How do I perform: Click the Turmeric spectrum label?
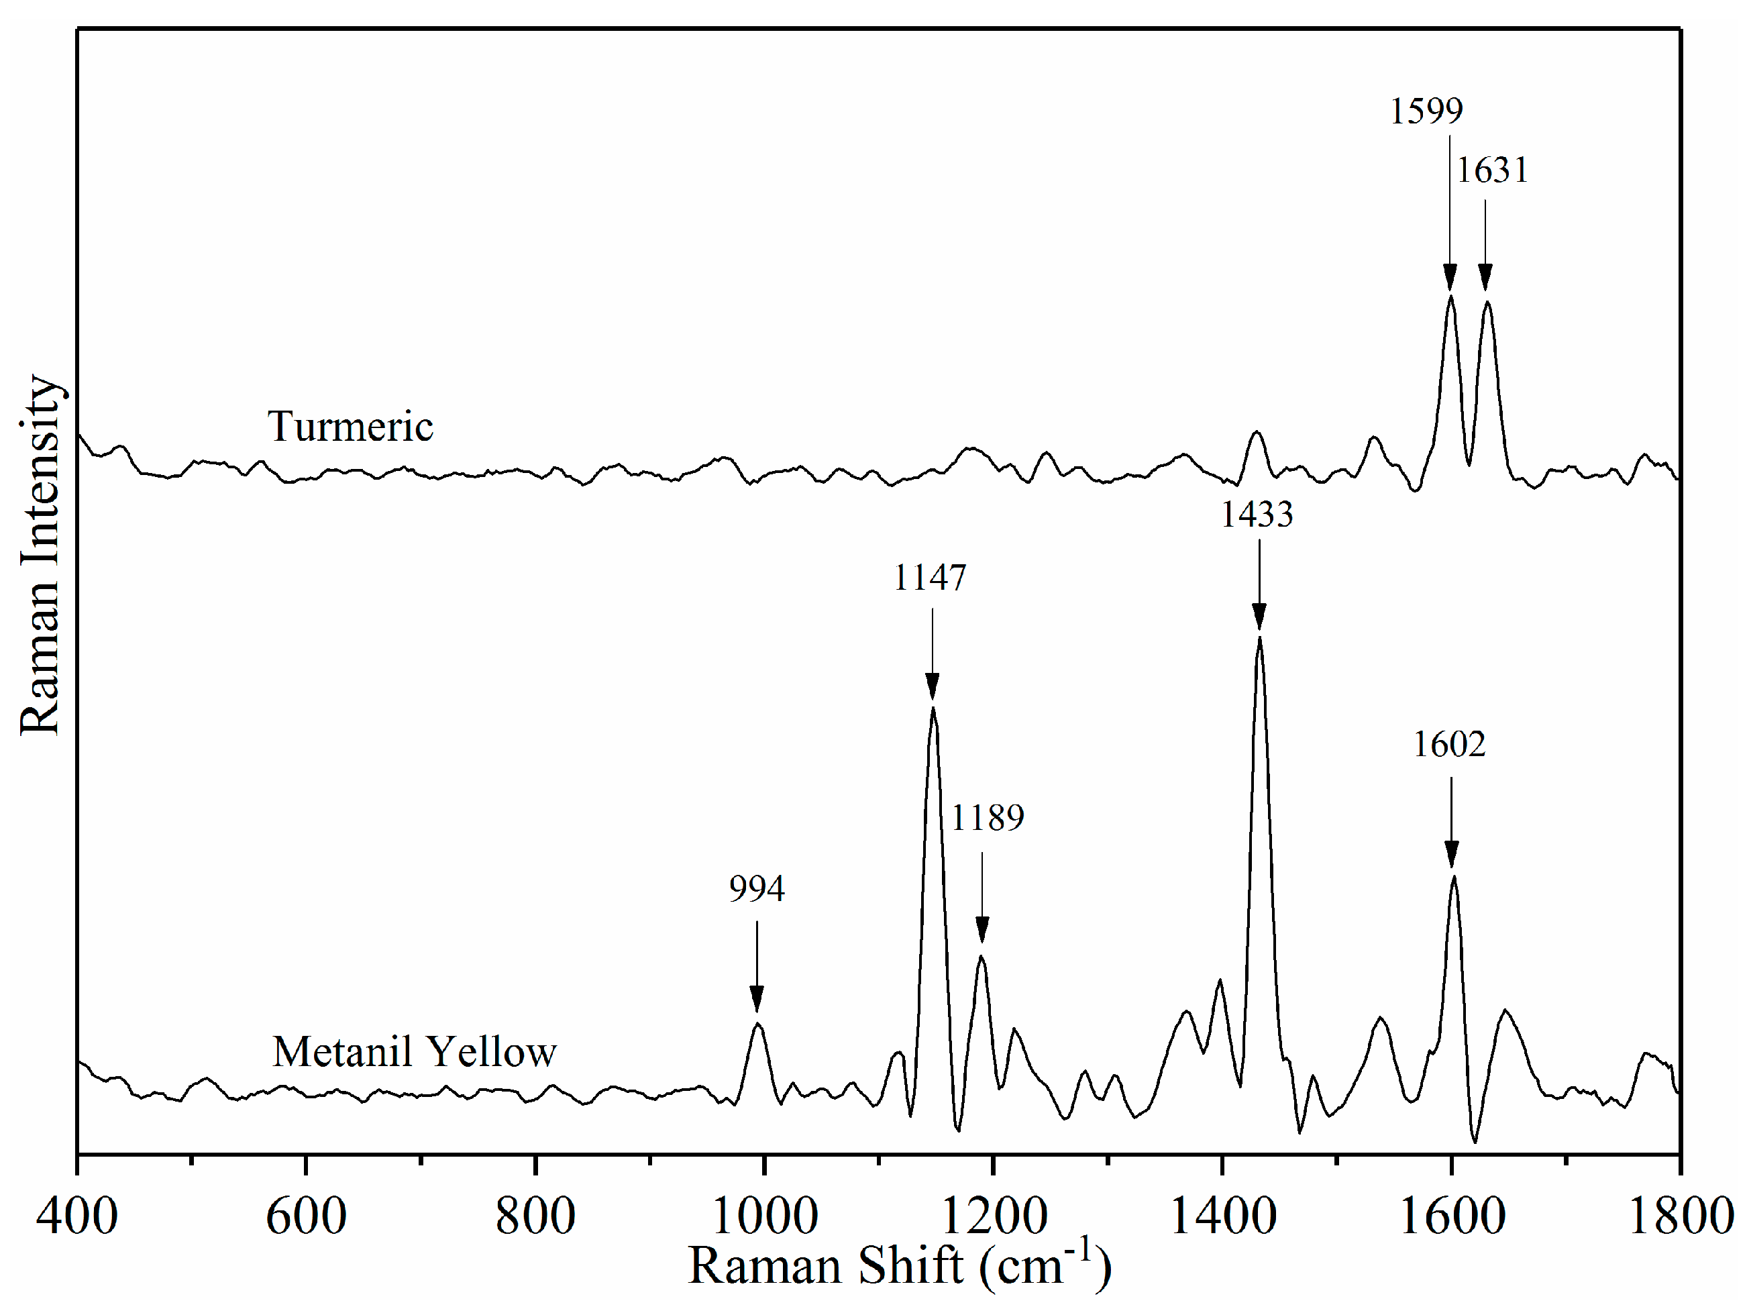point(350,427)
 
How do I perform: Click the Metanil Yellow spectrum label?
point(415,1052)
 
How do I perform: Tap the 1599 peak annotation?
point(1426,111)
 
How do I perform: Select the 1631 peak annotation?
point(1492,170)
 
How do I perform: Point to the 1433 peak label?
point(1257,515)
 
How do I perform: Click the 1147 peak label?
point(930,578)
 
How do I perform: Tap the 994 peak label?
point(757,890)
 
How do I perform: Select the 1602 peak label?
point(1449,744)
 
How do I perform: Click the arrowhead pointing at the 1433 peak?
point(1259,617)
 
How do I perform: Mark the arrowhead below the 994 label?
point(757,998)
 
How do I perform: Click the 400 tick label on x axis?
point(76,1216)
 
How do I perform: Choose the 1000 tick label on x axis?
point(765,1216)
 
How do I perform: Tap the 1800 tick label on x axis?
point(1681,1216)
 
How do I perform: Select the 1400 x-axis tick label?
point(1222,1216)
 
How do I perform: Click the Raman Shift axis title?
point(900,1267)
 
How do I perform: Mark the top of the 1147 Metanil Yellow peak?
point(933,708)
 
